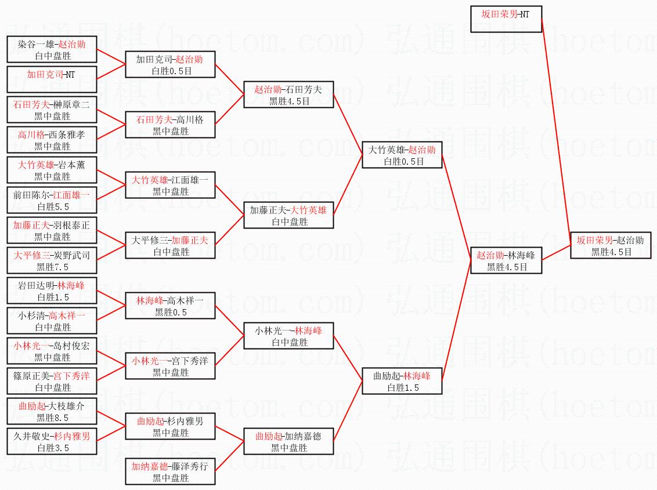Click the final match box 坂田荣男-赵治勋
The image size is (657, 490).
tap(611, 245)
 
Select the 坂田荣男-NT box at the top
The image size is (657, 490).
tap(506, 19)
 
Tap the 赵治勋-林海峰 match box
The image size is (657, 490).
tap(506, 260)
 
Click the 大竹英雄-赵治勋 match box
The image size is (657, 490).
tap(402, 155)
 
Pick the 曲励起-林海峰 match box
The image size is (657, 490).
tap(402, 381)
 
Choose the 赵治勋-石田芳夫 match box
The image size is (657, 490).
tap(288, 95)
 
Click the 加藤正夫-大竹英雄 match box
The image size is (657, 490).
tap(288, 215)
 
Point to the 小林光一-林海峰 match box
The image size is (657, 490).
tap(288, 336)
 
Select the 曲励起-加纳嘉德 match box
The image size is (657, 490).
tap(288, 441)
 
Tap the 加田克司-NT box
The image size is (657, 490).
tap(52, 79)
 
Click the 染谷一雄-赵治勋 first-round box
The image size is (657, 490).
tap(52, 49)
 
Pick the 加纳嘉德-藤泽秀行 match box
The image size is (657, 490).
tap(170, 471)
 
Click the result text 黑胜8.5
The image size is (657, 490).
tap(52, 418)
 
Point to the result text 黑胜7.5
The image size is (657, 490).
tap(52, 267)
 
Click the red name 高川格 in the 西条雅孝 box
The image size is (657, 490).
tap(31, 135)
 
